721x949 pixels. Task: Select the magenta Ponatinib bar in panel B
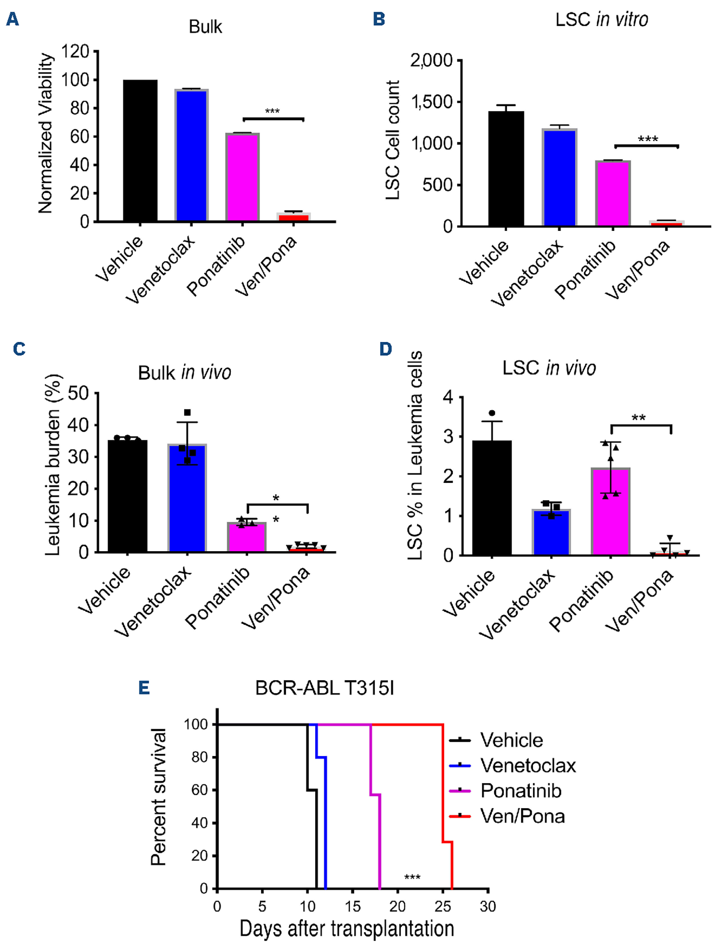tap(613, 193)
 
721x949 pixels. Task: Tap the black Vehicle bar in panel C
tap(127, 496)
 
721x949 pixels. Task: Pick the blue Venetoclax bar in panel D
tap(551, 532)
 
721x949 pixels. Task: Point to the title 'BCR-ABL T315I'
tap(324, 688)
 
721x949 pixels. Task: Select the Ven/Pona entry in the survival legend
tap(522, 816)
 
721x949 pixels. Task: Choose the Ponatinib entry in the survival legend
tap(521, 790)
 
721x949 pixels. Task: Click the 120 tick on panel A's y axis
tap(76, 52)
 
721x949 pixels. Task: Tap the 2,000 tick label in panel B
tap(431, 60)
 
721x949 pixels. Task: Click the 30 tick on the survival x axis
tap(488, 906)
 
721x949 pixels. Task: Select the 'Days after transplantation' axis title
tap(347, 929)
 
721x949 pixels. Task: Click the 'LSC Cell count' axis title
tap(393, 140)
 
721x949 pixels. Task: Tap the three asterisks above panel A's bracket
tap(273, 112)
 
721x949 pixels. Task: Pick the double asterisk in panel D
tap(639, 418)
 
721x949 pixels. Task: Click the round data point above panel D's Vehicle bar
tap(492, 413)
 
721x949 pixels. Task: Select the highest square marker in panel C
tap(187, 413)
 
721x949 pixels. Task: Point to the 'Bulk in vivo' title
tap(185, 373)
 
